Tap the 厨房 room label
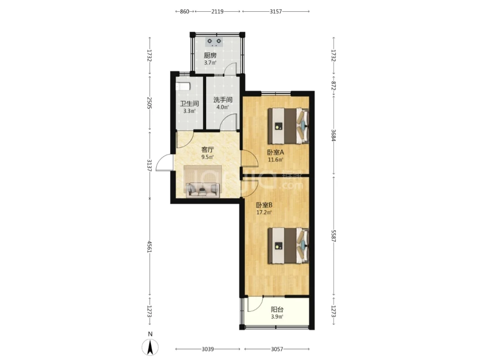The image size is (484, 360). (x=210, y=56)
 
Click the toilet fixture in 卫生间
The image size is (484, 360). (x=182, y=86)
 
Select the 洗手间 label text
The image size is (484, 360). (x=223, y=100)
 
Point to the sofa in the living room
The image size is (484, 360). (x=202, y=189)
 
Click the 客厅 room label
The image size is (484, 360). (x=207, y=149)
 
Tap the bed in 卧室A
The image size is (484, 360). (x=288, y=126)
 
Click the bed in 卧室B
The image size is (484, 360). (x=288, y=246)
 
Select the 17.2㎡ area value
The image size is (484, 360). (x=264, y=212)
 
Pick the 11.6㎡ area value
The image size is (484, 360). (x=275, y=159)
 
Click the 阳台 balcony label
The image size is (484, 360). (x=277, y=309)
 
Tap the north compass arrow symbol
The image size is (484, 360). (x=150, y=347)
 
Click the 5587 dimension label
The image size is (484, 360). (x=333, y=236)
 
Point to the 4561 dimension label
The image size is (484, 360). (x=150, y=247)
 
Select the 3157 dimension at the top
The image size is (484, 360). (x=276, y=12)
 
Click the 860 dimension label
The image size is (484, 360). (x=184, y=12)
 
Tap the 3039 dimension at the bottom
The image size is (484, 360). (x=208, y=349)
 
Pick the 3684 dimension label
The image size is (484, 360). (x=333, y=135)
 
